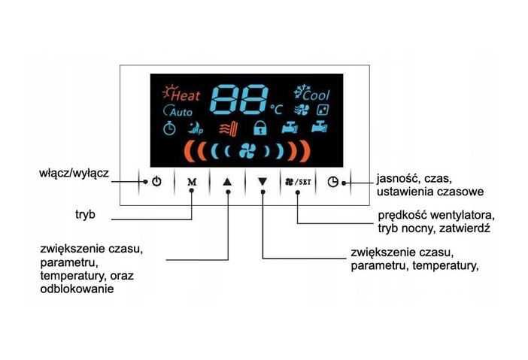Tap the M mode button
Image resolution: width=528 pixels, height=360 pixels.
[191, 181]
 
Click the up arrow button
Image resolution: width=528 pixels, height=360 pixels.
[228, 181]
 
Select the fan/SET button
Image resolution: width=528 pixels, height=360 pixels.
[298, 181]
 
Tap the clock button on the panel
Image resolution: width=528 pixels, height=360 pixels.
[333, 181]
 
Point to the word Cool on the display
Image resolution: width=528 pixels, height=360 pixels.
[316, 95]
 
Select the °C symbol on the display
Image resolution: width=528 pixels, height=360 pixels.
[277, 109]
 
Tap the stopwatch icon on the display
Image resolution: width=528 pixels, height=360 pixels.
[170, 128]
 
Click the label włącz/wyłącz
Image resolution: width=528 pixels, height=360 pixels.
[74, 173]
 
